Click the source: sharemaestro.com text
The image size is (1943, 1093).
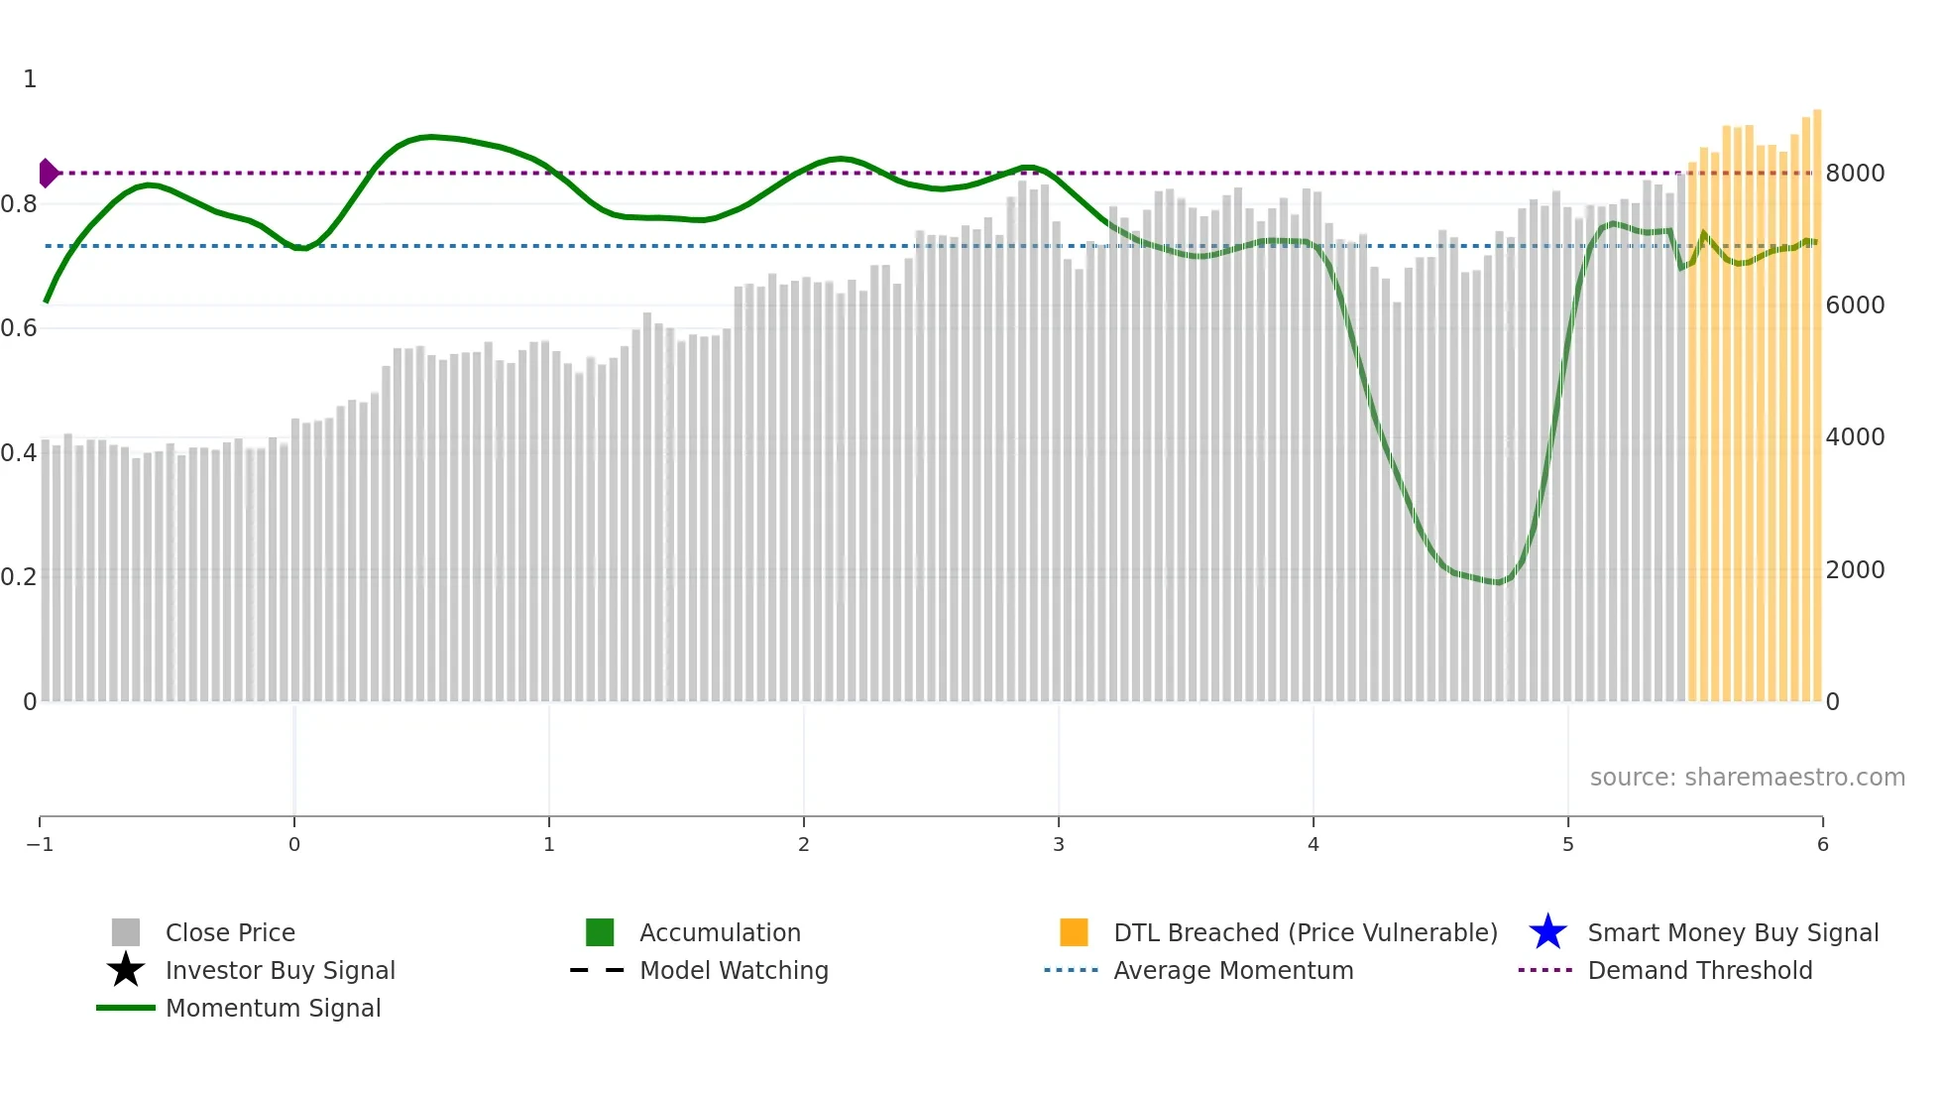point(1747,777)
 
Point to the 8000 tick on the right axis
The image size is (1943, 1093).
point(1855,173)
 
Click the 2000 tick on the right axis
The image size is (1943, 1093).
point(1855,569)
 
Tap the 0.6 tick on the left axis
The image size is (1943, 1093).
point(19,327)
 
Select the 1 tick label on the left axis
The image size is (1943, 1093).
point(30,79)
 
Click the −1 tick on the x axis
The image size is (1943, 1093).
point(40,844)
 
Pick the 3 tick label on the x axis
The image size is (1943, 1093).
point(1059,844)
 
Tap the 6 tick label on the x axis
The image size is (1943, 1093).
point(1822,844)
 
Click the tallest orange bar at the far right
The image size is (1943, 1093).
point(1817,397)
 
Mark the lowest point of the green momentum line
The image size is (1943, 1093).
point(1499,582)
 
